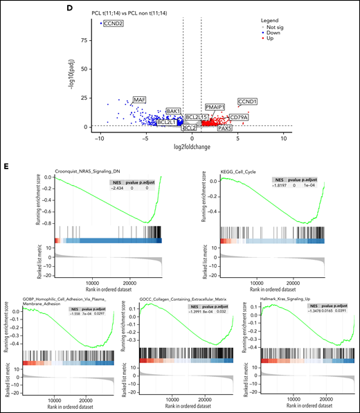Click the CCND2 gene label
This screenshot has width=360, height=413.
pyautogui.click(x=114, y=24)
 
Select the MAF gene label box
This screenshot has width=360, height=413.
pyautogui.click(x=140, y=100)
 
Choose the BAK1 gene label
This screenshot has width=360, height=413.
pyautogui.click(x=173, y=111)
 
